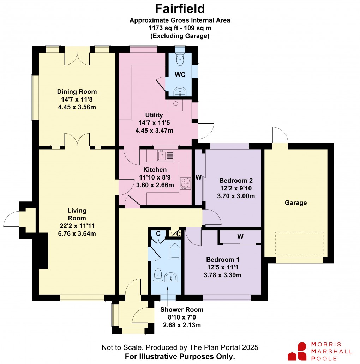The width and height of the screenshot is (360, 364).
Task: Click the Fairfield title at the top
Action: [180, 9]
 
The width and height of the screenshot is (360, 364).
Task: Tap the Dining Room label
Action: [77, 92]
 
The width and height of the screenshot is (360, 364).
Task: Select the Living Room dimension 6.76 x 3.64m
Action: [77, 233]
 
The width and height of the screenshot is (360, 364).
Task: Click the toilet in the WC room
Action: [180, 59]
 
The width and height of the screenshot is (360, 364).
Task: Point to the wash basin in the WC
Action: [180, 91]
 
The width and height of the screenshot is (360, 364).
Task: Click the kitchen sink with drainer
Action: [166, 155]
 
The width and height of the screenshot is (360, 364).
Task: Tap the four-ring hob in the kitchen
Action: [185, 183]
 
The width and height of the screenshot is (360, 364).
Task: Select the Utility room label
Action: [154, 115]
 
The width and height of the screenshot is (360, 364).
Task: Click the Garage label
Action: [296, 203]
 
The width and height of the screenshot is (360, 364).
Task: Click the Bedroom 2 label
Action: [236, 181]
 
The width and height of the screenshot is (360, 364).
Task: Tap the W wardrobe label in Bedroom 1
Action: [240, 237]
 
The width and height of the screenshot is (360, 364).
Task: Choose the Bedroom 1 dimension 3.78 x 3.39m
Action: [222, 275]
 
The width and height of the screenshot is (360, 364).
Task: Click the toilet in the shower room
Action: [158, 275]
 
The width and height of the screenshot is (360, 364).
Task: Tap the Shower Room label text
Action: [182, 310]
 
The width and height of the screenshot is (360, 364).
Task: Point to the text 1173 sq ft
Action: [164, 28]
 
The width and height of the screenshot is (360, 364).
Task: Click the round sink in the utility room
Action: [175, 104]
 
